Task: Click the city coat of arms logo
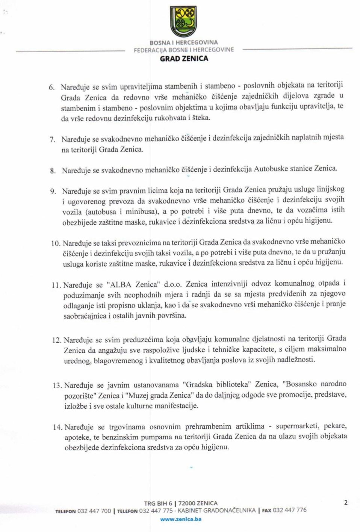[x=184, y=22]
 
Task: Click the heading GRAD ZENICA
[x=184, y=59]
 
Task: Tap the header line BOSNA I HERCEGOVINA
[x=184, y=42]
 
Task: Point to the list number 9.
[x=53, y=192]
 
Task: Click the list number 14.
[x=57, y=427]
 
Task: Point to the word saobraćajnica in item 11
[x=85, y=316]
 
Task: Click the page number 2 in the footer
[x=346, y=503]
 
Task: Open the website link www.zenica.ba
[x=181, y=519]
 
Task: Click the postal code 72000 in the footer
[x=187, y=503]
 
